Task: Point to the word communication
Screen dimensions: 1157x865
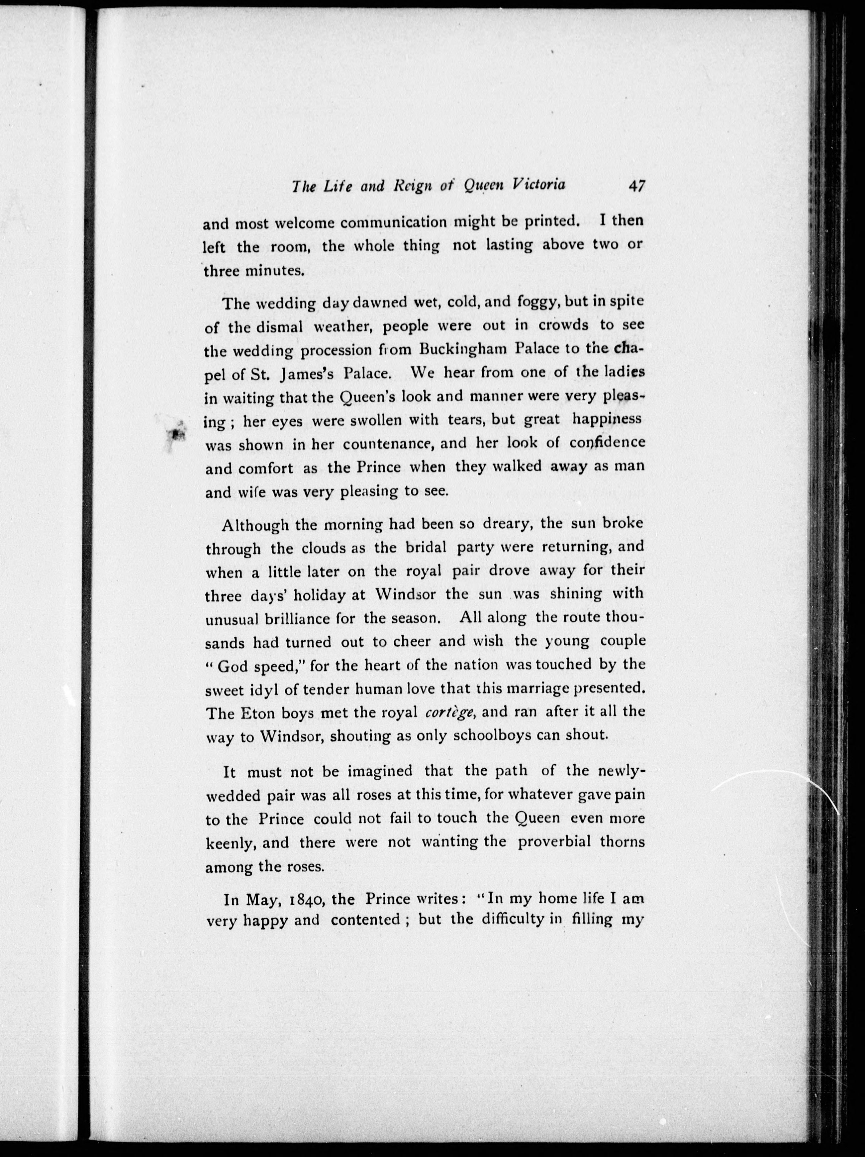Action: coord(393,223)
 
